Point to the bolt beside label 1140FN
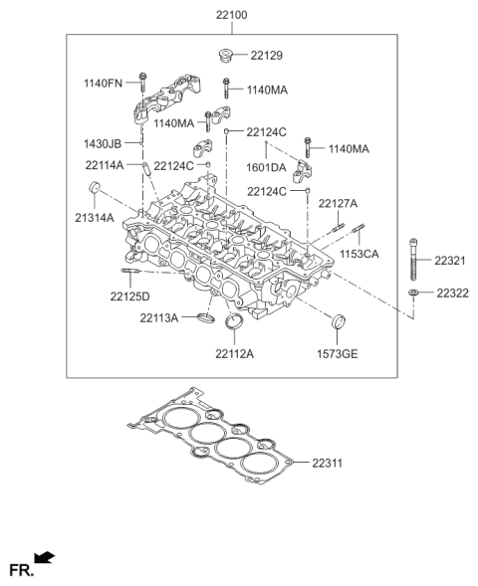click(143, 82)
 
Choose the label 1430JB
click(105, 145)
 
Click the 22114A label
click(104, 165)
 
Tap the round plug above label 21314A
click(96, 190)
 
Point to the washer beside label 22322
click(412, 293)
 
